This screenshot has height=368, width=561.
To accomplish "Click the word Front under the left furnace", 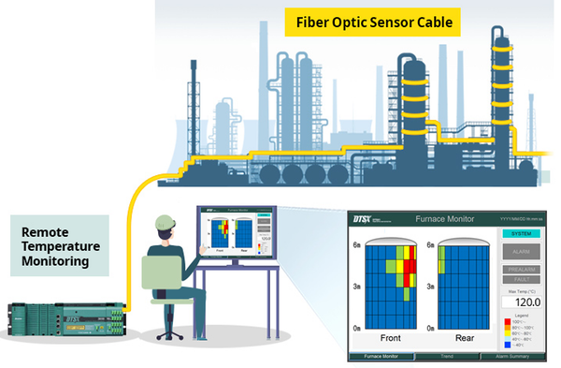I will [392, 337].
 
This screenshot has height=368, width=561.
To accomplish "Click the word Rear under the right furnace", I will [464, 337].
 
